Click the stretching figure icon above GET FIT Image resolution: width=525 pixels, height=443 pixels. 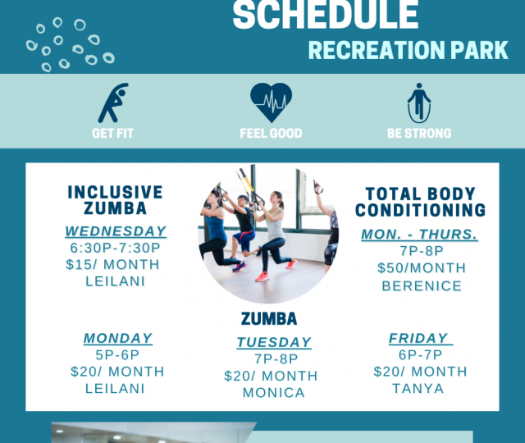113,103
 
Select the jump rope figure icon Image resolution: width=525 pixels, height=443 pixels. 419,103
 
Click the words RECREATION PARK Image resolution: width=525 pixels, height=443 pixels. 409,51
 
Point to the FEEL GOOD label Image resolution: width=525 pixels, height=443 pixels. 271,133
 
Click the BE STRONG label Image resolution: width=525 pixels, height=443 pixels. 419,133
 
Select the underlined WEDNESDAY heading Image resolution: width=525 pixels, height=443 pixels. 116,231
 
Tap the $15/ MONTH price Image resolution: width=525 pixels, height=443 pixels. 113,264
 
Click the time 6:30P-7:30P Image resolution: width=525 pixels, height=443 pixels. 115,248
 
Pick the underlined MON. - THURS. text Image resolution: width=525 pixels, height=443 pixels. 419,235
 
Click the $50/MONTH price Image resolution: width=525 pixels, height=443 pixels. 422,268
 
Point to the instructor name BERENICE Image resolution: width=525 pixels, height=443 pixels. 422,286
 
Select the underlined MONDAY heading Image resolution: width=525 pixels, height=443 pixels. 118,338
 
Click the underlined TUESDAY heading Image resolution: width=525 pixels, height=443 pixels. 274,343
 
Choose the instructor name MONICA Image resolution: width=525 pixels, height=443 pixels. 274,393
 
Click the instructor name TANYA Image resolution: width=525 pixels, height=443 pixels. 418,388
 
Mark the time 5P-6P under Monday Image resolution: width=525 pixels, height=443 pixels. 117,355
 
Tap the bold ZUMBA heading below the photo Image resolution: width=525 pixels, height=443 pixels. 269,319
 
